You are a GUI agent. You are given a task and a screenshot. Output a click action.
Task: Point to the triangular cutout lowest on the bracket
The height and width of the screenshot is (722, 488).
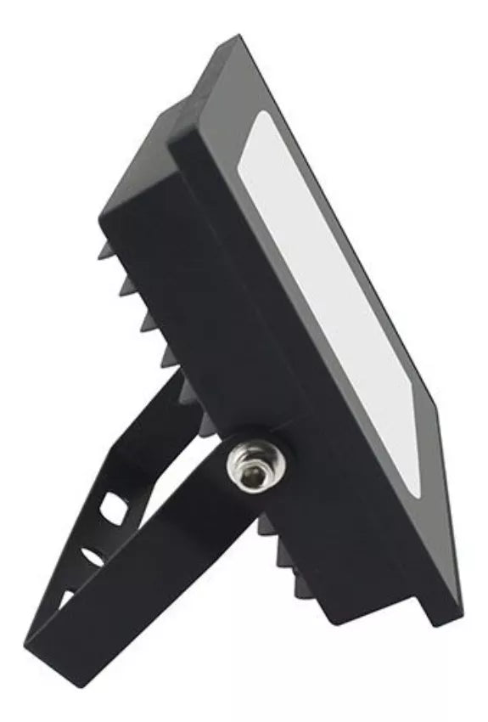click(x=65, y=599)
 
